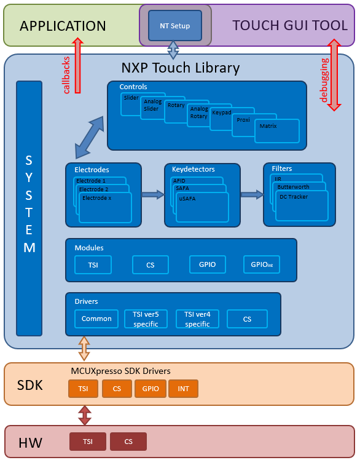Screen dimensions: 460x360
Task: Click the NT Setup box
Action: click(175, 26)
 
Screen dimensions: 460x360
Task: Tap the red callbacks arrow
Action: click(78, 65)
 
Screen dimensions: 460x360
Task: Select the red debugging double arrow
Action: click(334, 75)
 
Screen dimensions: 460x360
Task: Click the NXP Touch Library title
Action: click(180, 67)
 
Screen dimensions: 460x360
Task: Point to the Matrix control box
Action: click(276, 131)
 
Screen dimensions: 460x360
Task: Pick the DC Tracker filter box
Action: click(302, 206)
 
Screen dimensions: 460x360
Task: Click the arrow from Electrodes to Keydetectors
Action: click(153, 195)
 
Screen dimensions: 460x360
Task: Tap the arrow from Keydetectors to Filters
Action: click(252, 194)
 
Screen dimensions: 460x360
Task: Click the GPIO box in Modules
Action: click(207, 265)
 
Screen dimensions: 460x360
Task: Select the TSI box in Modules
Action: click(93, 265)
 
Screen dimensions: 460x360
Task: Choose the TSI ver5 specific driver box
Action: click(146, 319)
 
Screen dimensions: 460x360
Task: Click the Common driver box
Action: click(96, 319)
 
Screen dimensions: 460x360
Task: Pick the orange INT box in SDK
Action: click(183, 389)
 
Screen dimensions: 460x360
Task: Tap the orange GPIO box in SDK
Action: click(150, 389)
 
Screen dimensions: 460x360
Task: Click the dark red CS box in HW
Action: click(128, 442)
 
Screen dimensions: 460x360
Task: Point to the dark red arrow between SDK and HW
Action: click(85, 415)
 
